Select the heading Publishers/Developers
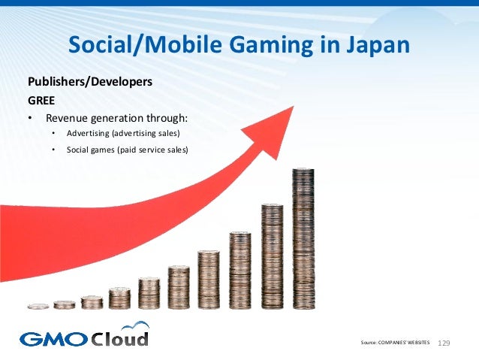91,81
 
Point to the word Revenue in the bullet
69,118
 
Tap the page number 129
443,343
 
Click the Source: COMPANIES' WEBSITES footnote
396,343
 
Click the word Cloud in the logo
119,337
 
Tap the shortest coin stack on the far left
38,306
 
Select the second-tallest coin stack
272,256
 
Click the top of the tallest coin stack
303,170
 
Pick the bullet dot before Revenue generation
30,119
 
